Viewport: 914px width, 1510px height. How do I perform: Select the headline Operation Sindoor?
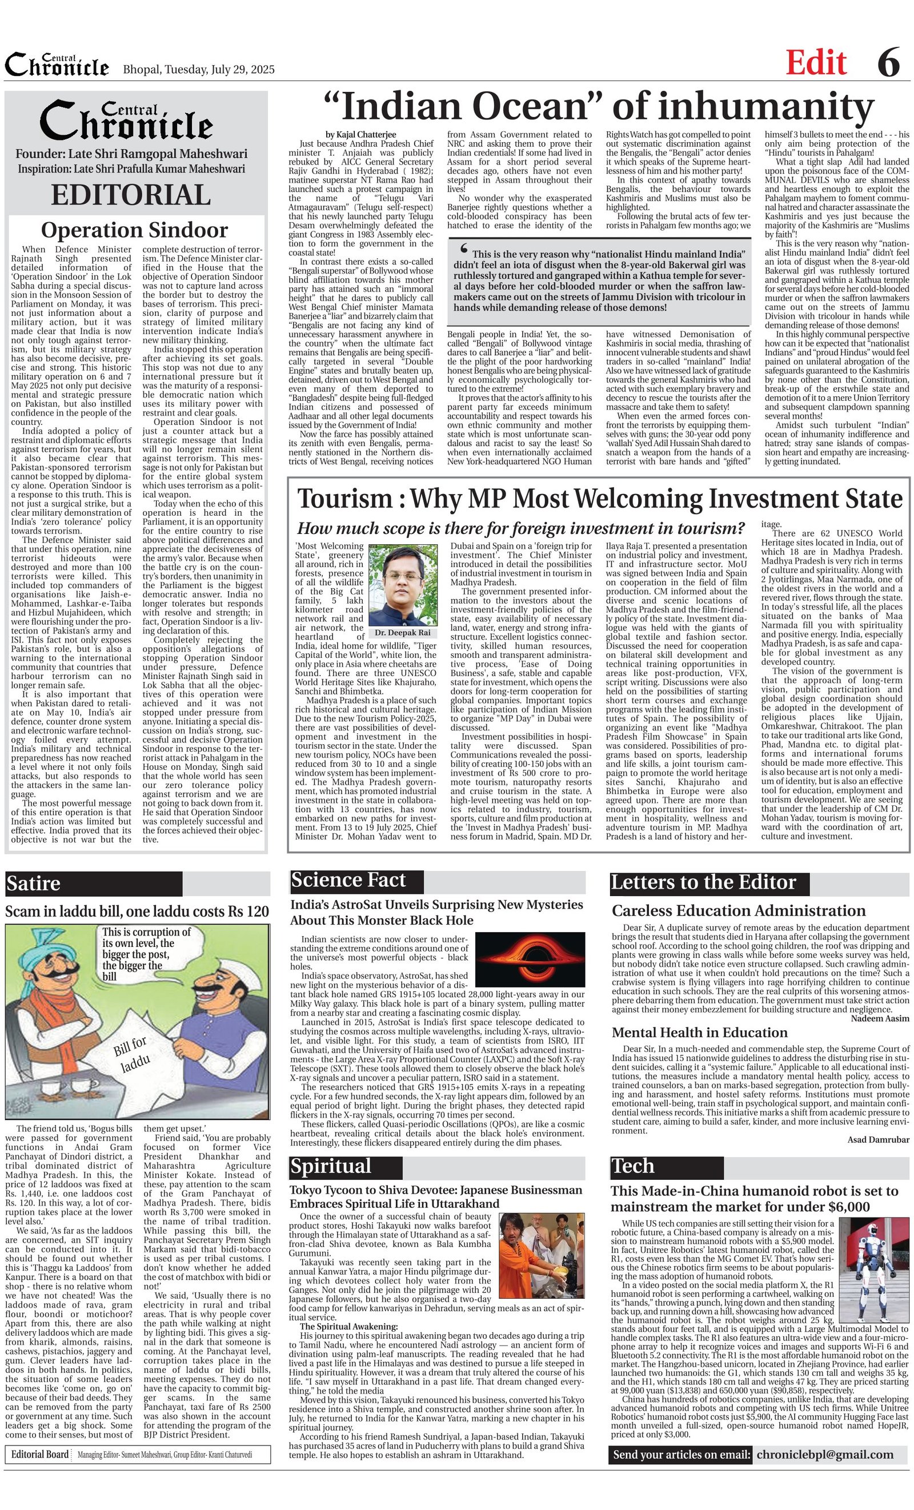(x=134, y=230)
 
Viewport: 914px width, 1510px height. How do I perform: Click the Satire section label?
(x=34, y=883)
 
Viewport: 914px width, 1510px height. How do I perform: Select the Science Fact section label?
(x=348, y=880)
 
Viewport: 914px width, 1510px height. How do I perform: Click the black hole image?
(x=530, y=959)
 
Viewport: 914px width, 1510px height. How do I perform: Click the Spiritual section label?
(x=331, y=1166)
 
